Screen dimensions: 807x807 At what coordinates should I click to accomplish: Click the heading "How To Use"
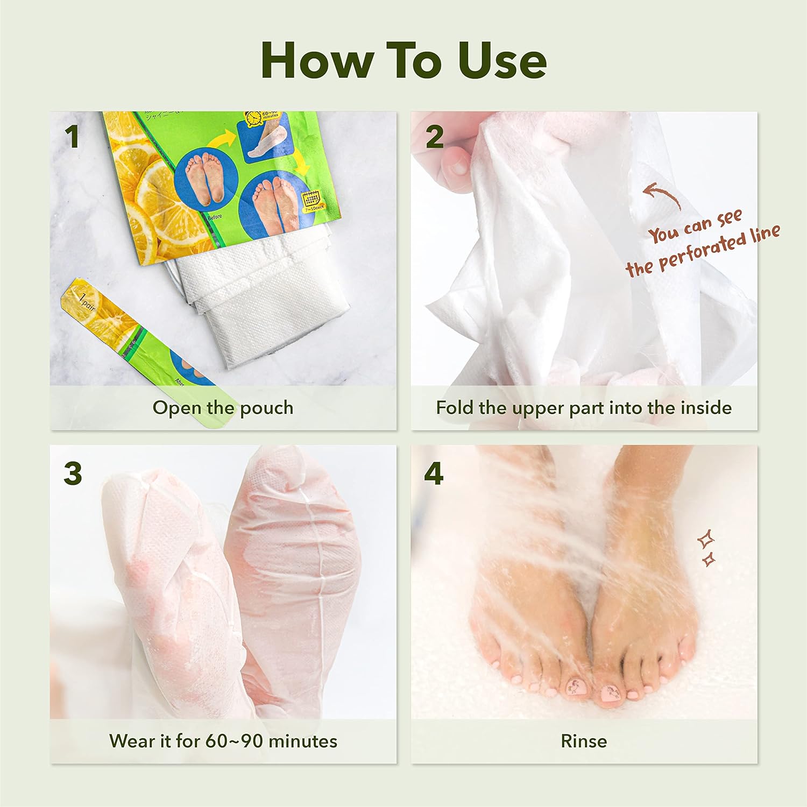point(403,60)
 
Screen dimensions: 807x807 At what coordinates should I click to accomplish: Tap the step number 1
point(72,137)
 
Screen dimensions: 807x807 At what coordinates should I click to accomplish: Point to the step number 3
point(73,473)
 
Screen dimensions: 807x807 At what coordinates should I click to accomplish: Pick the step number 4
point(434,473)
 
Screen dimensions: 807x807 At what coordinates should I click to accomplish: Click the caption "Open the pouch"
point(223,408)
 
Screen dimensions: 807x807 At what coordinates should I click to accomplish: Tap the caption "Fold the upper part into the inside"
point(584,408)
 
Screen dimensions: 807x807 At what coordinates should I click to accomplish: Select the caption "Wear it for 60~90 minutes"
point(223,741)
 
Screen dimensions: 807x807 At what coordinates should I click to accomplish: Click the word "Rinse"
point(584,741)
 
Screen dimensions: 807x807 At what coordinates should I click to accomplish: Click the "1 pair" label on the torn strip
point(86,302)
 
